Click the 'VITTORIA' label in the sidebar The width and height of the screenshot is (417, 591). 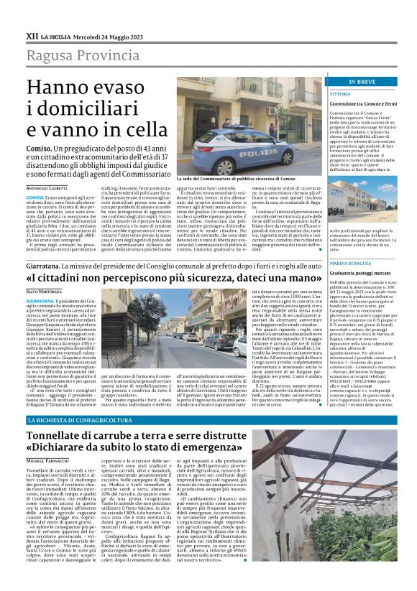340,94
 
